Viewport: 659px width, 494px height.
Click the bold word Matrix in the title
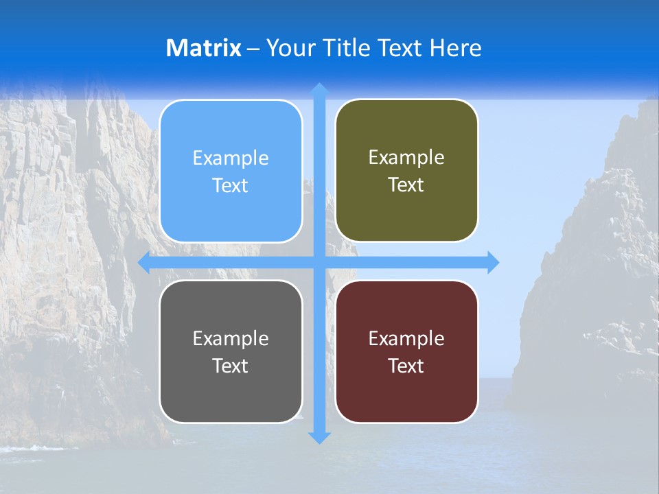203,48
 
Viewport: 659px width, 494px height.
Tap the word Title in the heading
347,48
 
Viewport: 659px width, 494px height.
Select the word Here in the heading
456,48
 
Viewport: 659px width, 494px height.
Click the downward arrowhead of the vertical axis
319,437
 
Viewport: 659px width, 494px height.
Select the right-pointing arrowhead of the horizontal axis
493,262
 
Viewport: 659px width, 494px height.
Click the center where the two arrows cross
319,262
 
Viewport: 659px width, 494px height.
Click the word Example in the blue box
231,158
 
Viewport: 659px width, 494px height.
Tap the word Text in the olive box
406,185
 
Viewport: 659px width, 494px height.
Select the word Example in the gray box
231,339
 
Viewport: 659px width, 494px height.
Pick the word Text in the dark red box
406,366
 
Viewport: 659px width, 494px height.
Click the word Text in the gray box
231,366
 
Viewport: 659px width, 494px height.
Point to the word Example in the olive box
406,158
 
